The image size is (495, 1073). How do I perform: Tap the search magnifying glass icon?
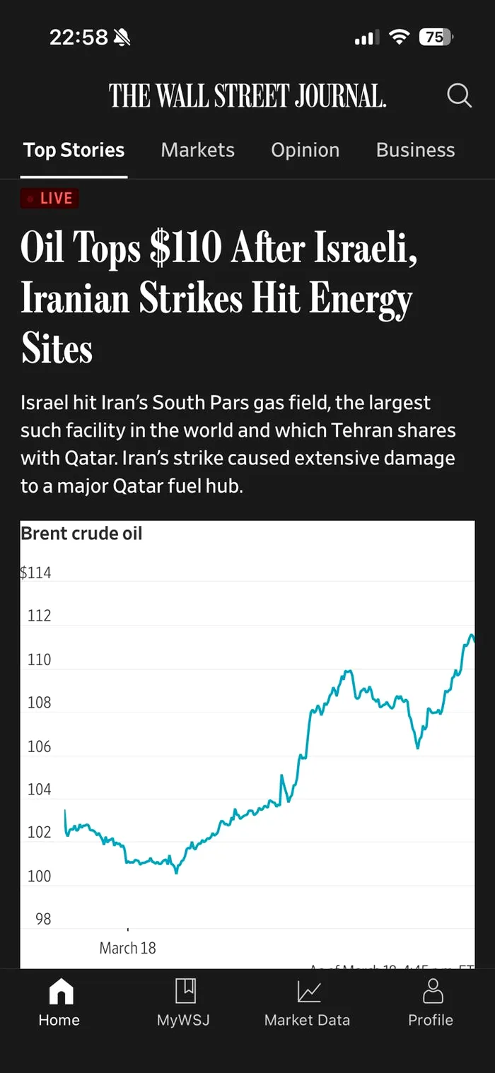pyautogui.click(x=459, y=95)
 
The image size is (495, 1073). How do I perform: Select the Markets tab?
pyautogui.click(x=197, y=150)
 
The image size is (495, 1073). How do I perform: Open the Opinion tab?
pyautogui.click(x=305, y=150)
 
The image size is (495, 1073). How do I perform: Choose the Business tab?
pyautogui.click(x=415, y=150)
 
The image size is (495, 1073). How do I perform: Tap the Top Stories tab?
pyautogui.click(x=74, y=150)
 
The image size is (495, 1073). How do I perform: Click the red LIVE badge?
pyautogui.click(x=49, y=199)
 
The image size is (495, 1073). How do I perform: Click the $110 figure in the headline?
pyautogui.click(x=186, y=249)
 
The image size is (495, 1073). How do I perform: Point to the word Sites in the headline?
pyautogui.click(x=57, y=349)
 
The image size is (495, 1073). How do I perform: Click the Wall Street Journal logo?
pyautogui.click(x=248, y=95)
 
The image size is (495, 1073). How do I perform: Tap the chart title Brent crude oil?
pyautogui.click(x=81, y=534)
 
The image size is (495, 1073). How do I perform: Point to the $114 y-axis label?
pyautogui.click(x=35, y=573)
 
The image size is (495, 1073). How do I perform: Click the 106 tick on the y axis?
pyautogui.click(x=39, y=746)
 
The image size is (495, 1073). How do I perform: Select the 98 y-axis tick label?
pyautogui.click(x=43, y=919)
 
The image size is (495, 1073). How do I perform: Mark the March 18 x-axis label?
pyautogui.click(x=127, y=948)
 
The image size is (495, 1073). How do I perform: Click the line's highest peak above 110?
pyautogui.click(x=470, y=635)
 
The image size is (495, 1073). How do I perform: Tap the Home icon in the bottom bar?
pyautogui.click(x=59, y=991)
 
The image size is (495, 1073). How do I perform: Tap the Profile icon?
pyautogui.click(x=431, y=991)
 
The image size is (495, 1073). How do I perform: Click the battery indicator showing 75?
pyautogui.click(x=436, y=37)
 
